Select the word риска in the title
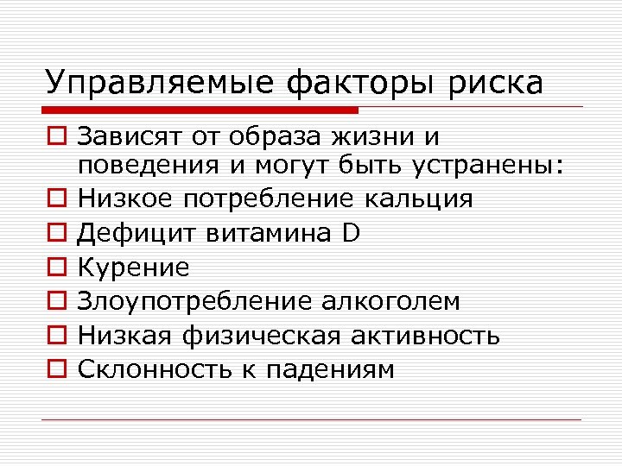click(496, 83)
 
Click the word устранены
click(498, 165)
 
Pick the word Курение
click(133, 268)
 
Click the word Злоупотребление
click(196, 301)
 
